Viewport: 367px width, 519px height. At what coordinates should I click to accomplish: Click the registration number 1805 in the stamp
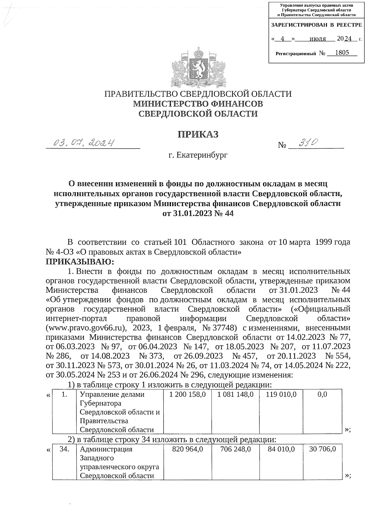(342, 53)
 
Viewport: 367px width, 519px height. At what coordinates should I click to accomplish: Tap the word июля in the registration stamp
(317, 39)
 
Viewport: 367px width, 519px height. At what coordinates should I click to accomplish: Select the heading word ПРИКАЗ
(198, 134)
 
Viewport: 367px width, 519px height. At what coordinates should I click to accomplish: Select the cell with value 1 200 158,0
(187, 395)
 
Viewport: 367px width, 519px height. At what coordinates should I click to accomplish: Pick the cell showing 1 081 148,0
(235, 395)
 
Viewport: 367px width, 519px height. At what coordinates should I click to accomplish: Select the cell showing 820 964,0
(187, 449)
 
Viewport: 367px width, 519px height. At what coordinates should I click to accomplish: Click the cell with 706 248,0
(235, 449)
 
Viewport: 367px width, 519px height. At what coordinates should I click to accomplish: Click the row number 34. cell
(64, 449)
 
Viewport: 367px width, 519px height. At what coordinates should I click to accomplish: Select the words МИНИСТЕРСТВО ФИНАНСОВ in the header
(198, 104)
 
